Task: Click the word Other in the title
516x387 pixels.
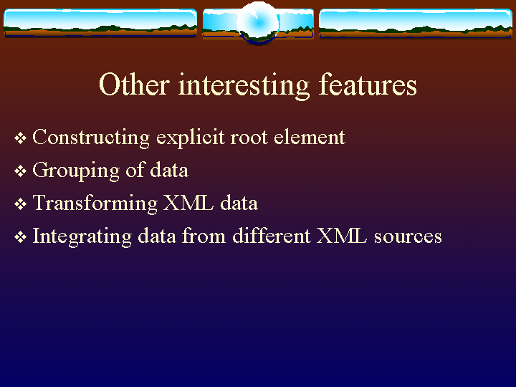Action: tap(134, 85)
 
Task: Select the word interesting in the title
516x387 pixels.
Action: tap(244, 85)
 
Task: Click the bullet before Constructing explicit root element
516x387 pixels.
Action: tap(20, 138)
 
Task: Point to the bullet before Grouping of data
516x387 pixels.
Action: tap(20, 171)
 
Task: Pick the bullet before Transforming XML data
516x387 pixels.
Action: tap(20, 204)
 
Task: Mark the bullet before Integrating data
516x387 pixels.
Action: tap(20, 237)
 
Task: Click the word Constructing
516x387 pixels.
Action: tap(91, 138)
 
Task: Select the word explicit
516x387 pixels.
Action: tap(190, 138)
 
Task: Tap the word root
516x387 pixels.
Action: tap(249, 138)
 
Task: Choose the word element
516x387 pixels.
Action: tap(310, 137)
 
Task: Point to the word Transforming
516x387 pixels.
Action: tap(95, 204)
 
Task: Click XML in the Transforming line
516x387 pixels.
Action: tap(188, 203)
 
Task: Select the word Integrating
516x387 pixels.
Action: tap(82, 237)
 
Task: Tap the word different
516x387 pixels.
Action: tap(272, 236)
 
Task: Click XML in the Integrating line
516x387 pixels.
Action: tap(342, 236)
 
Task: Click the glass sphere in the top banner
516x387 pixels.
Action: tap(258, 22)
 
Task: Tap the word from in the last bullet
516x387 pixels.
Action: tap(204, 236)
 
